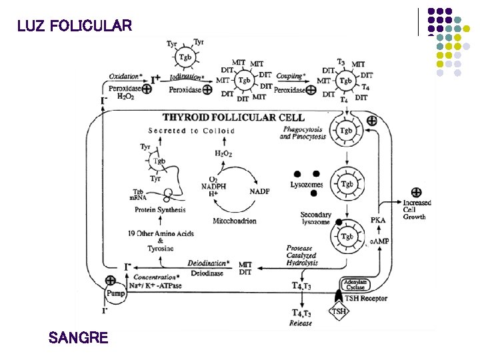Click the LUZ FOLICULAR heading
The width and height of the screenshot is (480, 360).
75,27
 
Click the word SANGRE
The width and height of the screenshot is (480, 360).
78,337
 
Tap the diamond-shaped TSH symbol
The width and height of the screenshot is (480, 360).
339,311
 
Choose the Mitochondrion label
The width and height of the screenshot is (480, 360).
234,221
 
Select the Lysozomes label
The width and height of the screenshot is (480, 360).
307,185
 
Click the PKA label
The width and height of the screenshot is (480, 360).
378,221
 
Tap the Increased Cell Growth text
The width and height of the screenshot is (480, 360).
417,209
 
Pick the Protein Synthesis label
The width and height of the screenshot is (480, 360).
160,210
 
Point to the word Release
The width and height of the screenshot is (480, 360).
301,324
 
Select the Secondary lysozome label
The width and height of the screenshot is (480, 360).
315,218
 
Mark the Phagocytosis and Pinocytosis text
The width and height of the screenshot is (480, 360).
303,133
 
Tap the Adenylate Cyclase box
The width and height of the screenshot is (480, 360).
358,285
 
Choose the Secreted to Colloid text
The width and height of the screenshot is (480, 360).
191,131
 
